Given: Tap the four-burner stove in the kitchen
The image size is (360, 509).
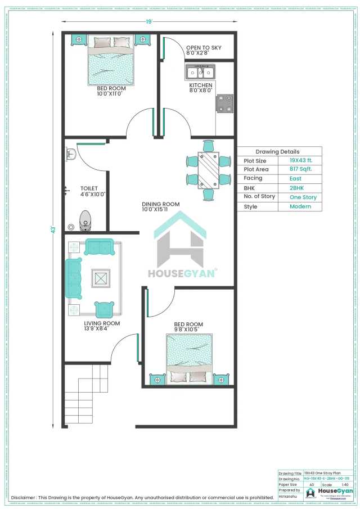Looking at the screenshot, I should tap(225, 103).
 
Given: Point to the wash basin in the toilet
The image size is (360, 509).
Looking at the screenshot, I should tap(71, 153).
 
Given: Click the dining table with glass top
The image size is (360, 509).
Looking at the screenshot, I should tap(209, 170).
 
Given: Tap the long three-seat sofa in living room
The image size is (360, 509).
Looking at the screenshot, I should tap(73, 278).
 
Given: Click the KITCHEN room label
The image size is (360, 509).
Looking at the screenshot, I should tap(200, 85).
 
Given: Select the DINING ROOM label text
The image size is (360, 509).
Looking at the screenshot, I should tap(161, 204).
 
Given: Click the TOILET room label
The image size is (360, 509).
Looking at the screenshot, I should tap(89, 188).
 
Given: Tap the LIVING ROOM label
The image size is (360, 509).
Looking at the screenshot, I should tap(102, 323).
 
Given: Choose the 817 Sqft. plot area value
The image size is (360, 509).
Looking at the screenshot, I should tap(300, 169).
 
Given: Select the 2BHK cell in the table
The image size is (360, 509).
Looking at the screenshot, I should tap(298, 188).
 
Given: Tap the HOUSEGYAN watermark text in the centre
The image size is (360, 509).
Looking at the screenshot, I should tap(181, 274).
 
